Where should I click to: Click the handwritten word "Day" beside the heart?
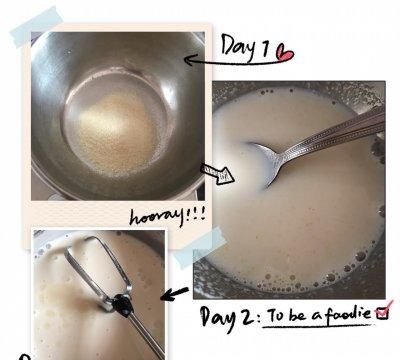point(239,46)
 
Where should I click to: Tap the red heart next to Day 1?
point(286,53)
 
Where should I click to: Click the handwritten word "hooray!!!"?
point(167,216)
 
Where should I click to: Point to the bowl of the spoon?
point(267,161)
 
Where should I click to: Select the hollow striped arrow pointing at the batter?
point(217,173)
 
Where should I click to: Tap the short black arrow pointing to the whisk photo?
point(174,294)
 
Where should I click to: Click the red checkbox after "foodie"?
point(383,311)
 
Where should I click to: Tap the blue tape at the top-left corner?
point(36,27)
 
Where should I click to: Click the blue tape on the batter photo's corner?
point(200,248)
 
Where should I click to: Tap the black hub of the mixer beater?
point(122,304)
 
